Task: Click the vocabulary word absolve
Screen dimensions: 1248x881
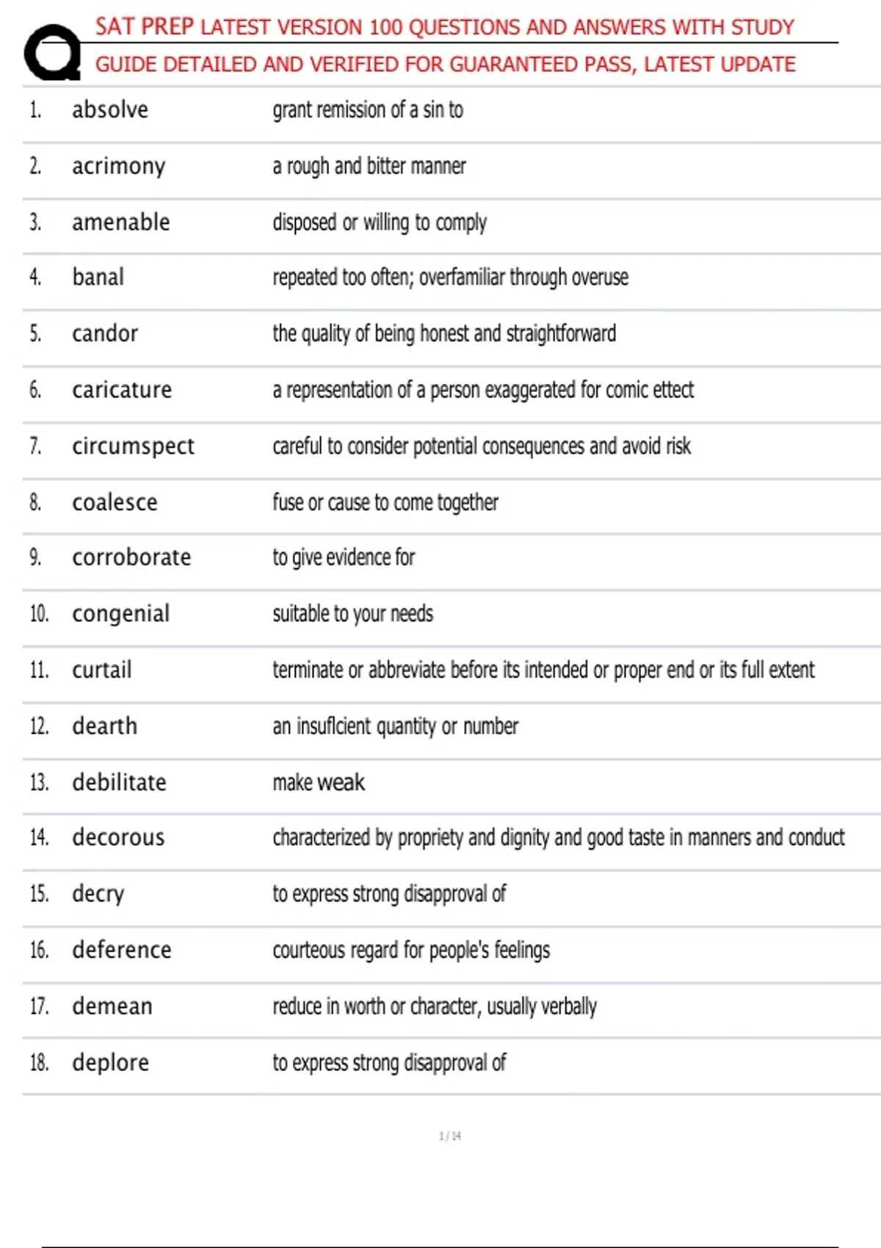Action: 110,110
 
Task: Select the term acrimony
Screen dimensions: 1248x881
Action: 118,167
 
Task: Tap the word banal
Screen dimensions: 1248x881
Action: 98,277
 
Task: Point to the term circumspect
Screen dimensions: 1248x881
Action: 133,446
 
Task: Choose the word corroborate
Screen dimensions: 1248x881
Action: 131,558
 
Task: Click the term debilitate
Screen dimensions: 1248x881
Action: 119,783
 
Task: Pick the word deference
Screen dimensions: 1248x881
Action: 121,950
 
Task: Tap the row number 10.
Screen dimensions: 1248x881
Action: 39,614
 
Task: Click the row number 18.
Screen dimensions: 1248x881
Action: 39,1063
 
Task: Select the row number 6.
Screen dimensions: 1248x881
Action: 35,390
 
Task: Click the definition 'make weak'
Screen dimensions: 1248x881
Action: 319,783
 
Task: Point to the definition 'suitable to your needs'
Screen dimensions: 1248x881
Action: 352,614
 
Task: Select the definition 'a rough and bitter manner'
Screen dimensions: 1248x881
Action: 369,167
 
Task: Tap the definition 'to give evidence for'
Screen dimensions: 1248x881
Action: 344,558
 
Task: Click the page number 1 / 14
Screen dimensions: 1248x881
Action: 449,1136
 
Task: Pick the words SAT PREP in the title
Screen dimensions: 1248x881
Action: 145,27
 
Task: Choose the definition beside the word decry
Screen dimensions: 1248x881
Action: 389,894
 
